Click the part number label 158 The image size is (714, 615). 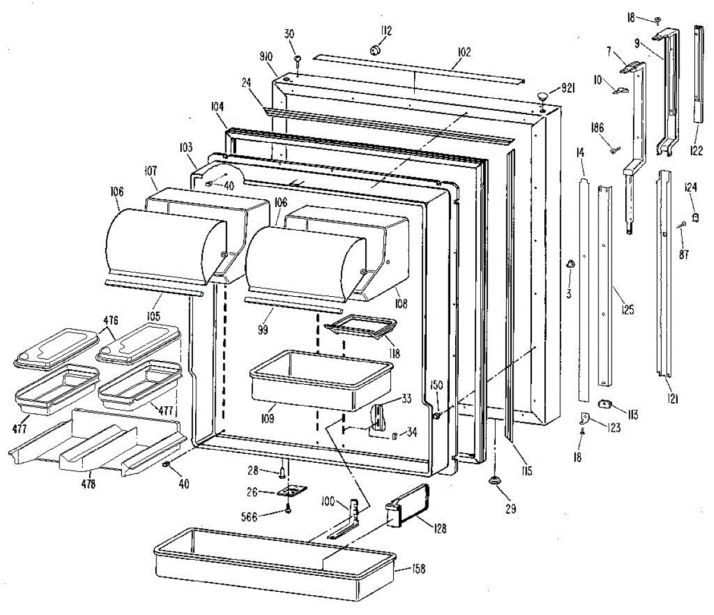point(419,569)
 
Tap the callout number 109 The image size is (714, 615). point(267,419)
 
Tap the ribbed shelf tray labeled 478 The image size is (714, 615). point(95,443)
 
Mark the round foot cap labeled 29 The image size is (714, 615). point(494,480)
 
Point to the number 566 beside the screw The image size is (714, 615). point(248,517)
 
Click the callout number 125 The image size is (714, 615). point(627,310)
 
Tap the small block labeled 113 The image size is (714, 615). point(606,404)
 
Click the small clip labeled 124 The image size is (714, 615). point(694,214)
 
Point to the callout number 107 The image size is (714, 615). point(149,171)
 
